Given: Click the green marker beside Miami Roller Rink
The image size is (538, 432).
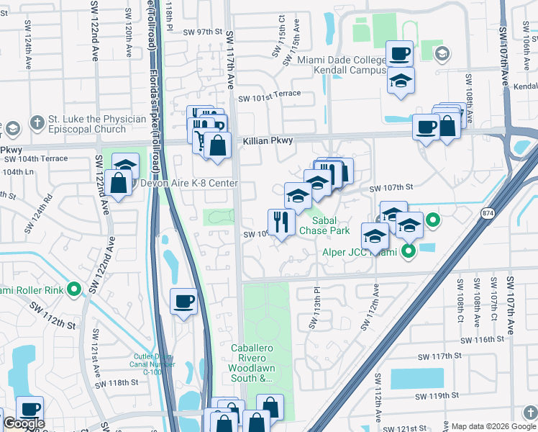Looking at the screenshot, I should (x=73, y=290).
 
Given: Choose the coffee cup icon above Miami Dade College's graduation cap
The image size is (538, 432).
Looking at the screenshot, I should (x=399, y=53).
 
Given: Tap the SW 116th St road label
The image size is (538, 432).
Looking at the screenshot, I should (x=483, y=340).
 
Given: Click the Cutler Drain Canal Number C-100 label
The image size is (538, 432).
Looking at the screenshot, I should (x=152, y=365).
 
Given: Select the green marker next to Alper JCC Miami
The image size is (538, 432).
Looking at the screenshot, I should (x=408, y=251).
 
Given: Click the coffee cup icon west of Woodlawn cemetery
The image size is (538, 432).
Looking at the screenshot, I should (x=183, y=301).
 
